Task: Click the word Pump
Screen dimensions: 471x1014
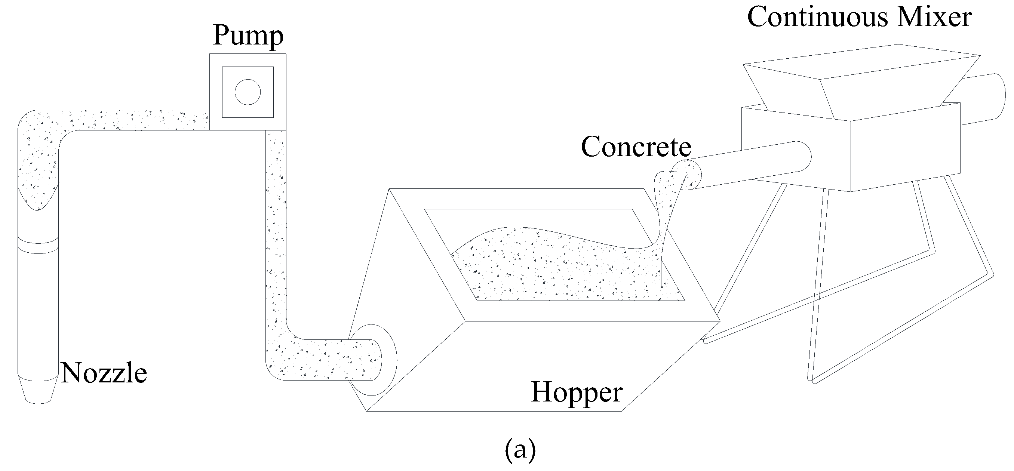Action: [x=248, y=36]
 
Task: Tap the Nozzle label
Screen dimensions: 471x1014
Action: [x=104, y=373]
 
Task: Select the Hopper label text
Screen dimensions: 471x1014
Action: [x=577, y=392]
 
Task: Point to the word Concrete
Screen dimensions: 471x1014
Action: [x=636, y=147]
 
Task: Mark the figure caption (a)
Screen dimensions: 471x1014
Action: [x=520, y=450]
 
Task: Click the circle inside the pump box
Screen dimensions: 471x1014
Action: [x=248, y=92]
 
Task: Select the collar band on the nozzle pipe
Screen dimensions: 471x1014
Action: [x=38, y=246]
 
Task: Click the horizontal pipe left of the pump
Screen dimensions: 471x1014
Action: [x=138, y=120]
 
